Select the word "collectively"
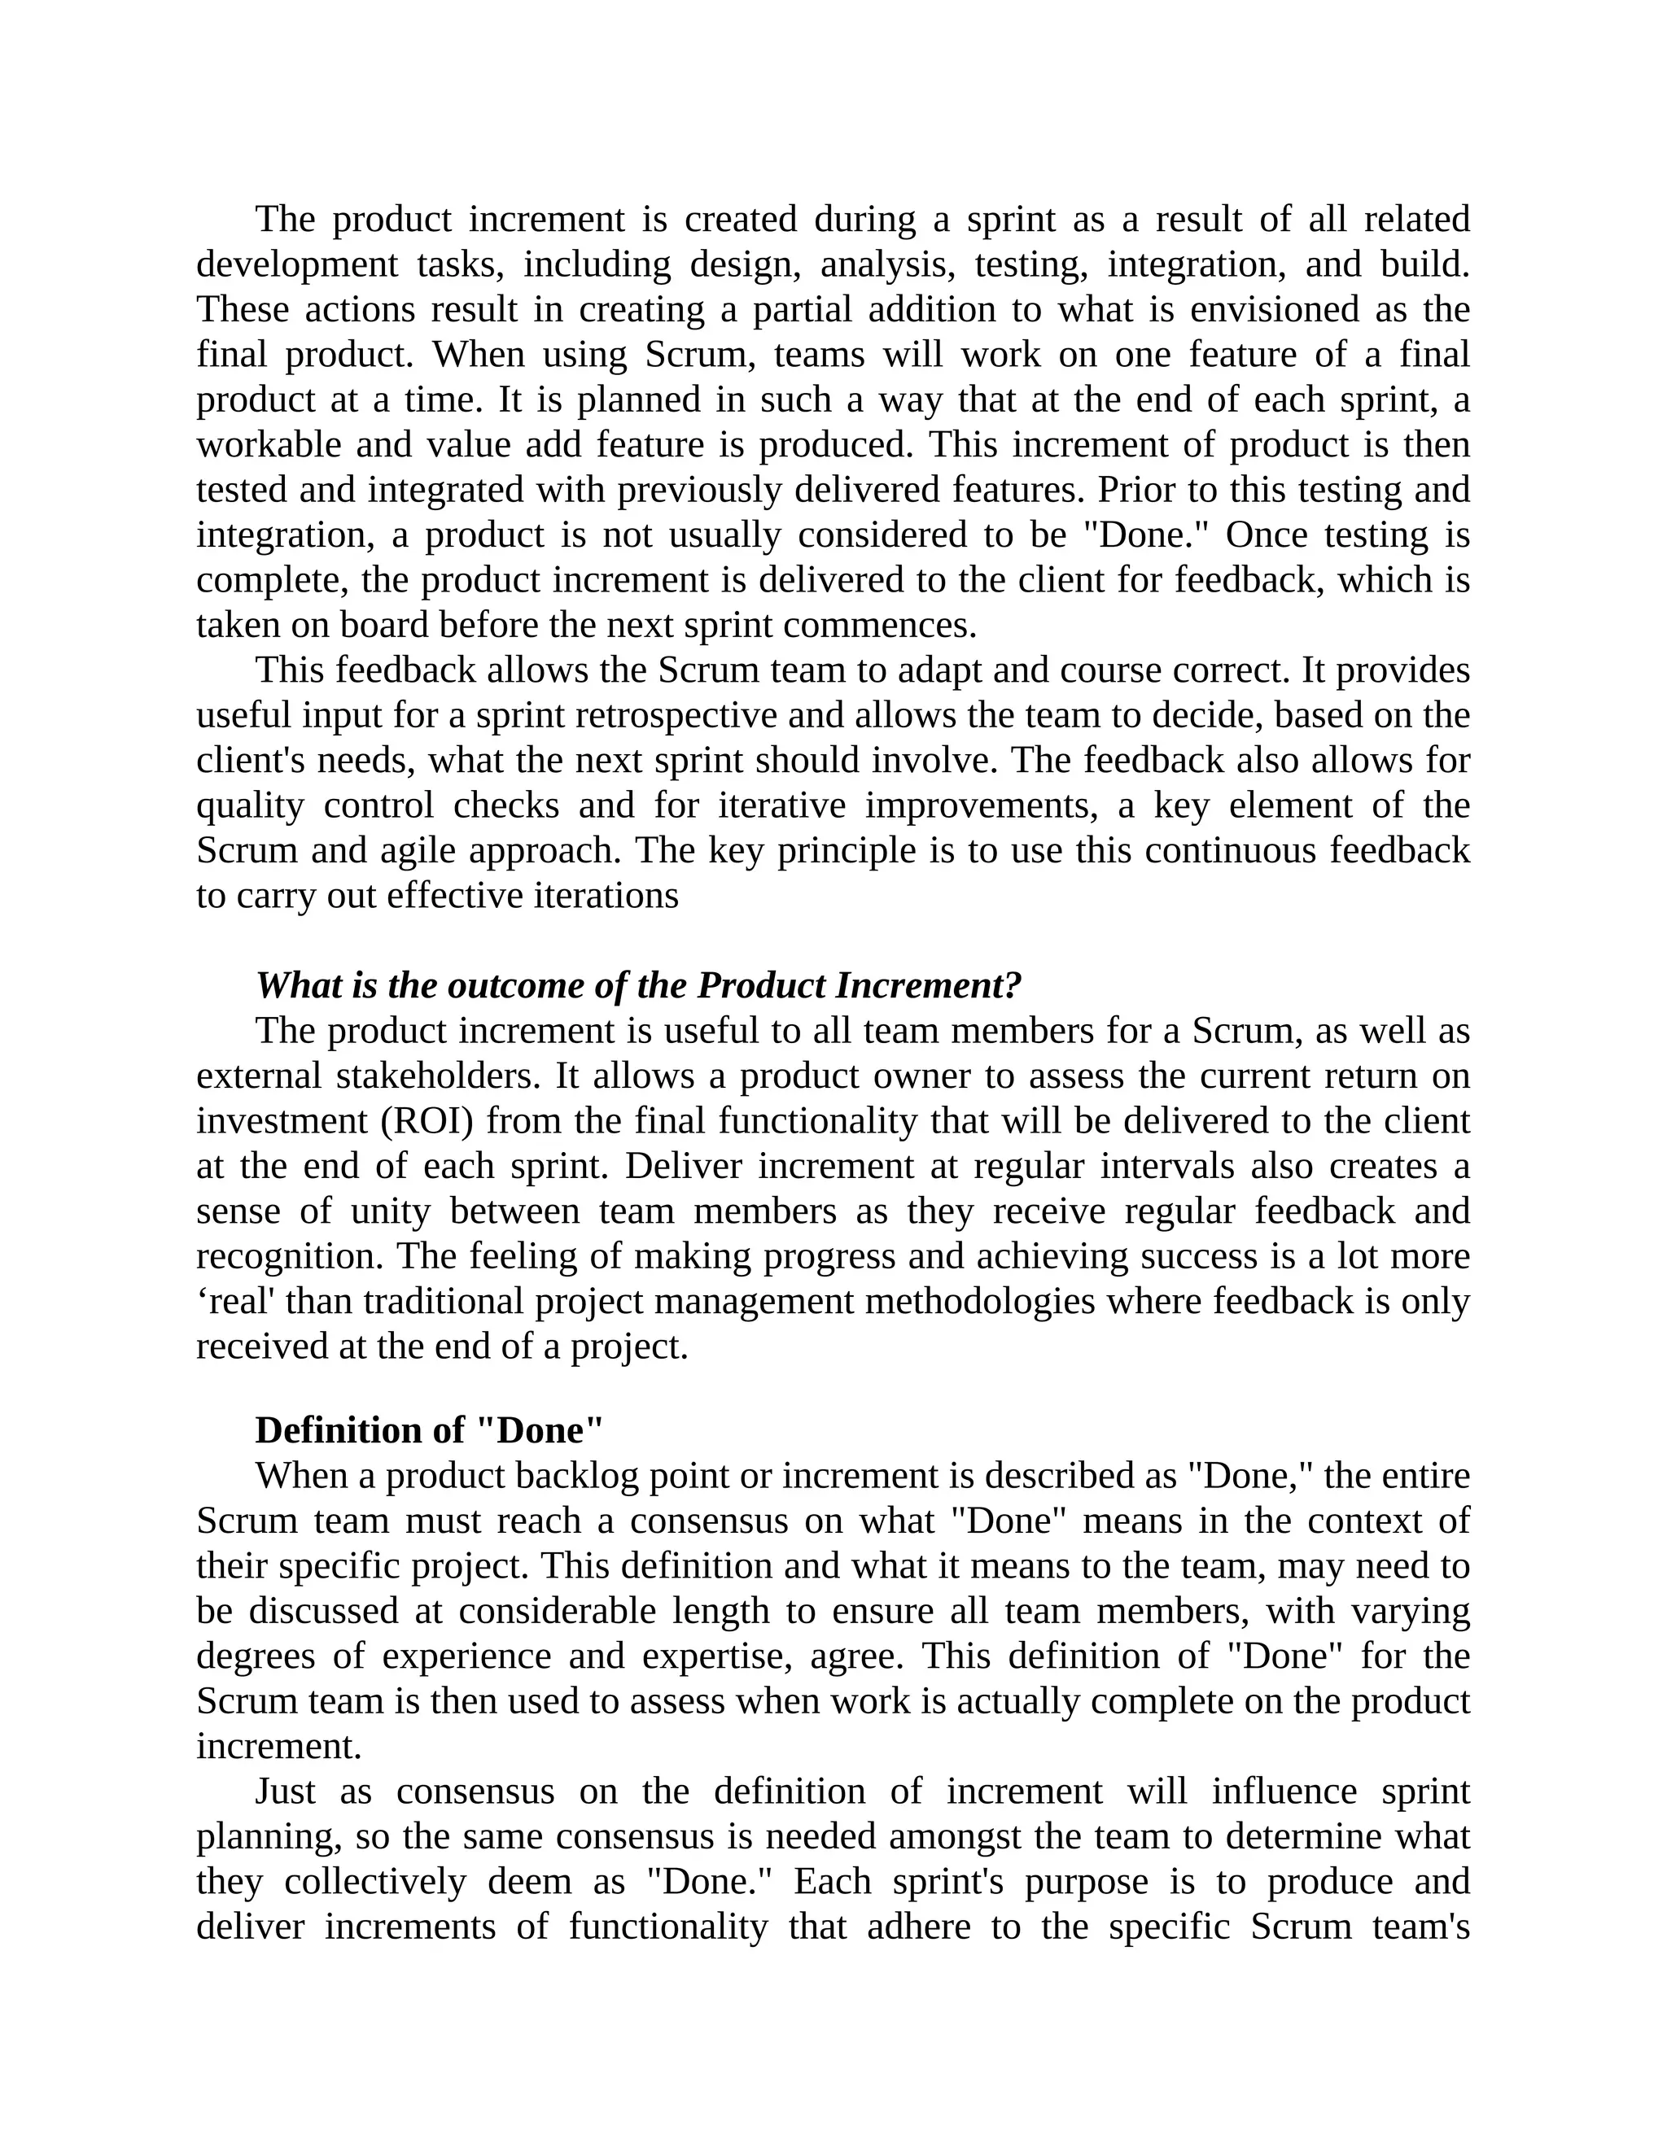coord(375,1883)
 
